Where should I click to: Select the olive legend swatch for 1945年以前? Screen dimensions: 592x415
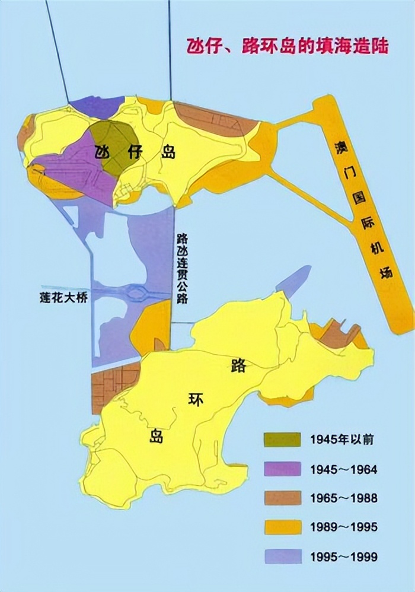pos(282,440)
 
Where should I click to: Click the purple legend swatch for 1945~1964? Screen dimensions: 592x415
pos(282,469)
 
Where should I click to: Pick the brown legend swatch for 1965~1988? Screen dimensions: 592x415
pos(282,498)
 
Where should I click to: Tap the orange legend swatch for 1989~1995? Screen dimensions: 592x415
pos(282,527)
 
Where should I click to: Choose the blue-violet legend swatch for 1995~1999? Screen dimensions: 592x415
pos(282,556)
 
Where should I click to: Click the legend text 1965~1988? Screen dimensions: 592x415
pos(343,498)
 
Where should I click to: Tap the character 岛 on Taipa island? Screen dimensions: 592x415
pos(168,152)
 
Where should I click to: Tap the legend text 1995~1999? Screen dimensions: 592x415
pos(343,556)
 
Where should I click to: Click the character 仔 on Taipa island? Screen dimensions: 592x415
pos(135,152)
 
